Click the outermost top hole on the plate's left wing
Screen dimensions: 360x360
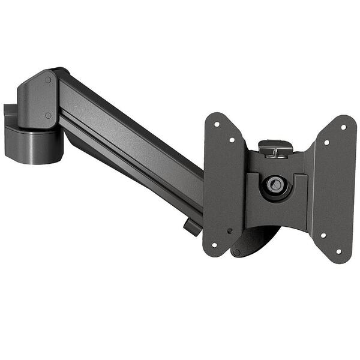[x=217, y=125]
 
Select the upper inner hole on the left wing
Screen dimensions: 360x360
[x=232, y=140]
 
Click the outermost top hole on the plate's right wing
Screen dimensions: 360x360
[x=343, y=127]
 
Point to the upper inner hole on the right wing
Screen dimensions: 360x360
[x=327, y=142]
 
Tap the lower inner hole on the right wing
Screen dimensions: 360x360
[x=323, y=235]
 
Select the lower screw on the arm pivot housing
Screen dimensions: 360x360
[x=48, y=115]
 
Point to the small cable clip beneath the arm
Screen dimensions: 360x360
[x=192, y=227]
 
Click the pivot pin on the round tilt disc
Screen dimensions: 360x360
[x=236, y=252]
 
